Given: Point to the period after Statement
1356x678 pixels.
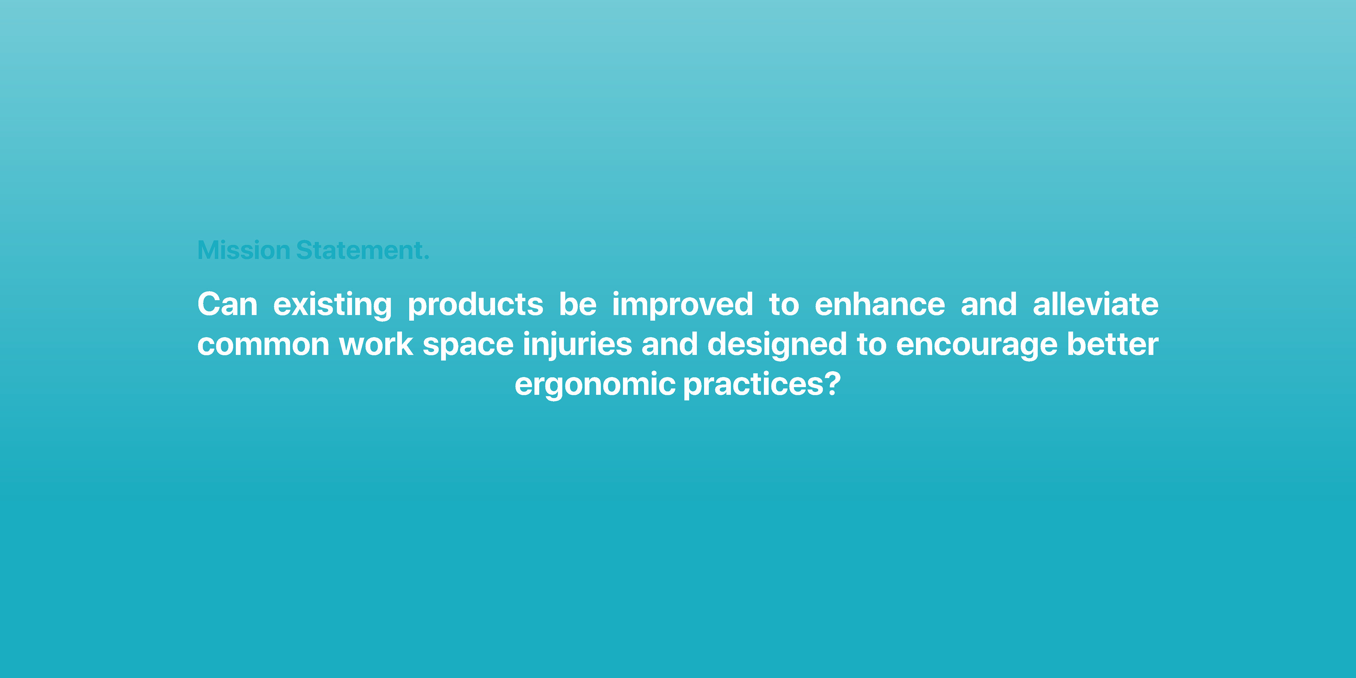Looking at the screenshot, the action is pos(427,258).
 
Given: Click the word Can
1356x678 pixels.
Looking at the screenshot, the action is pos(227,304).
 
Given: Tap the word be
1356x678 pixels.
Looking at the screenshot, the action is pos(577,304).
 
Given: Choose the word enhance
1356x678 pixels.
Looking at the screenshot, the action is pos(880,304).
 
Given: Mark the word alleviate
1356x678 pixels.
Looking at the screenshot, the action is pos(1095,304).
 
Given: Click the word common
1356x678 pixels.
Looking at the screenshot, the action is pos(263,345).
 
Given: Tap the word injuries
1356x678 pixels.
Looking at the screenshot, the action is pos(577,346).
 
